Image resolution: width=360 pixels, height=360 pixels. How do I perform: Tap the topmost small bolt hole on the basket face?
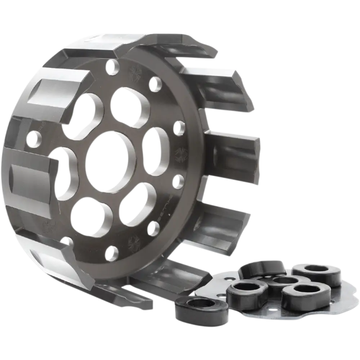[x=114, y=67]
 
